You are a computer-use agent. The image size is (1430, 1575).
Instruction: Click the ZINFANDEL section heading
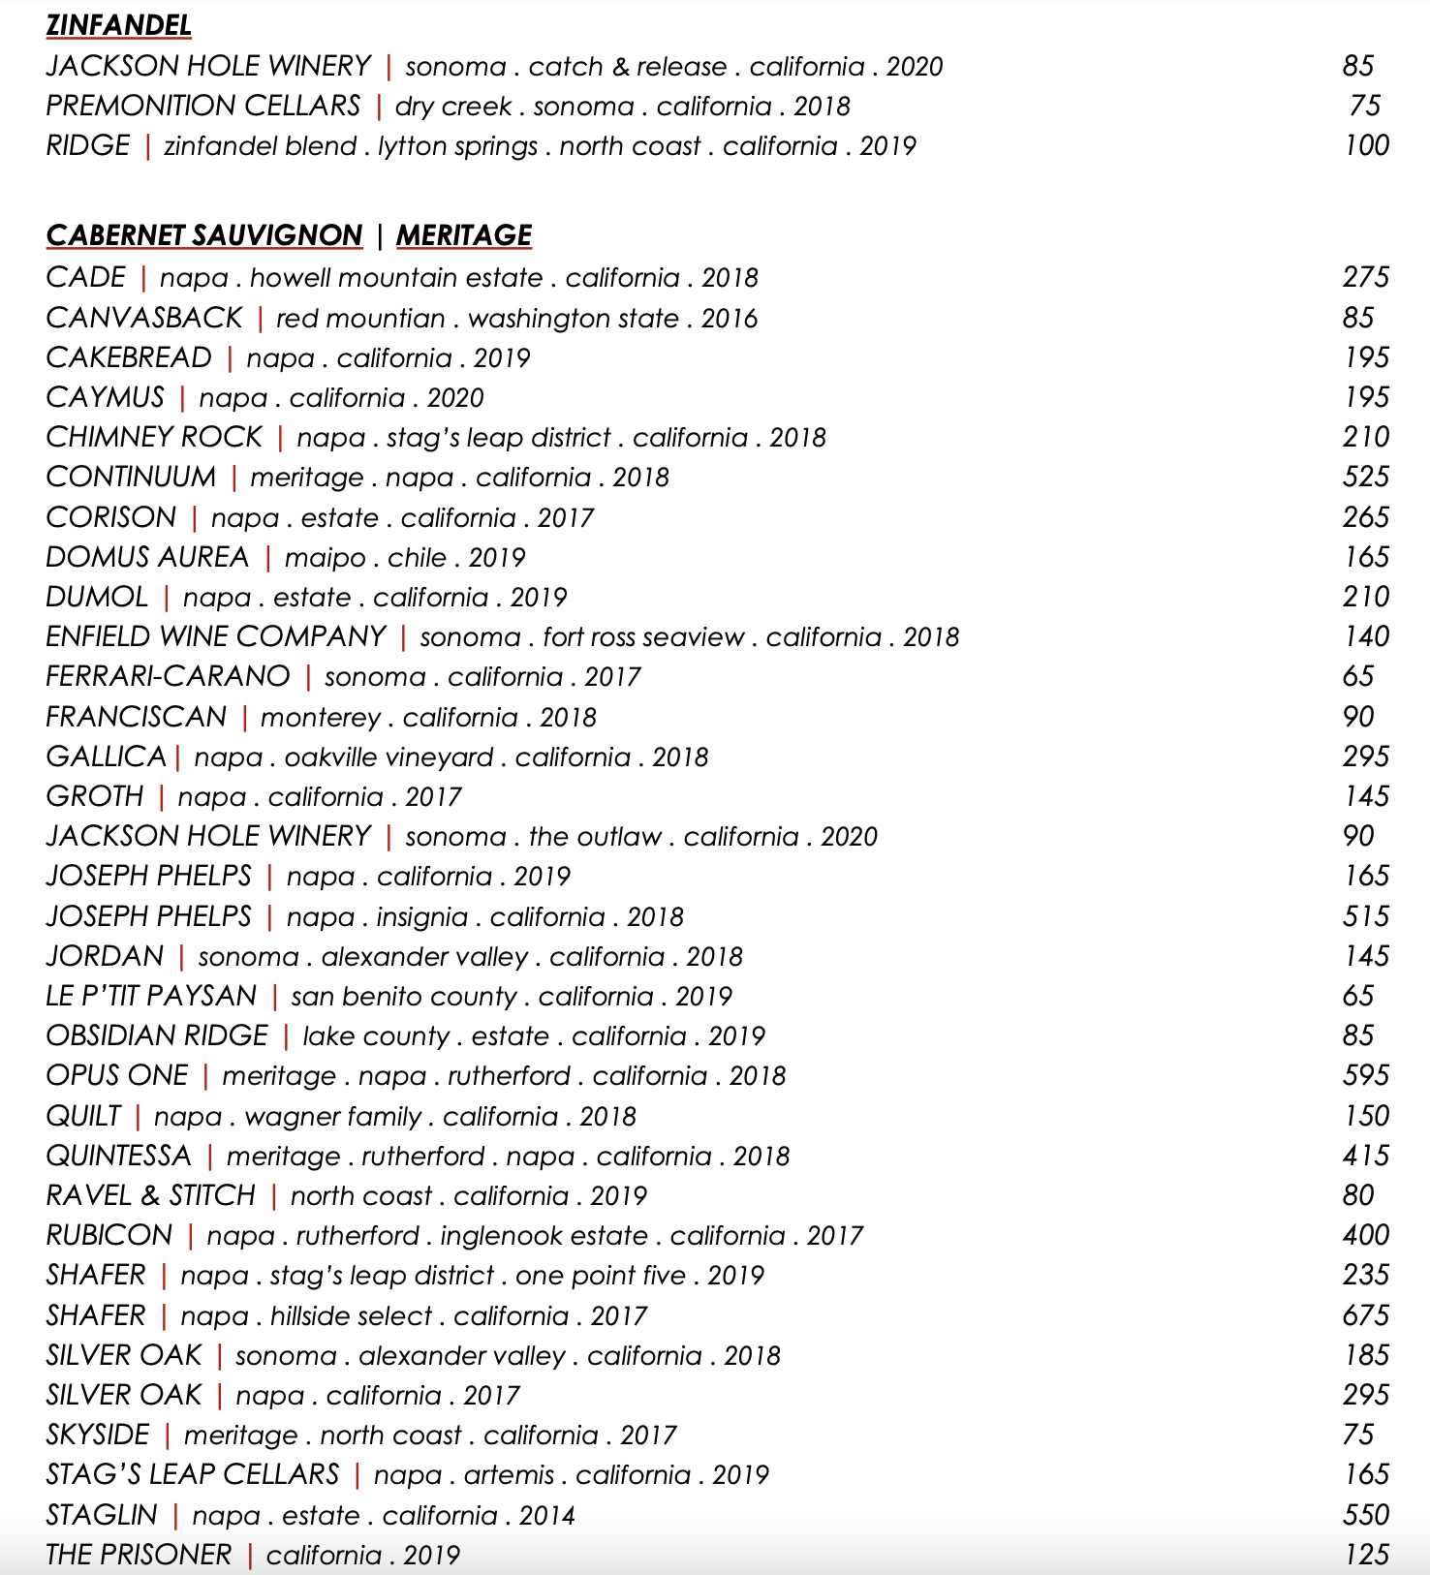(118, 25)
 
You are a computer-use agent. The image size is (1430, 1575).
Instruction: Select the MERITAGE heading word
(463, 235)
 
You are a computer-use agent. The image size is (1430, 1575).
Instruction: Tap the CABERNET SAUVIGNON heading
(203, 235)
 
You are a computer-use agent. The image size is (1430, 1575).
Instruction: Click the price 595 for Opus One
(1365, 1075)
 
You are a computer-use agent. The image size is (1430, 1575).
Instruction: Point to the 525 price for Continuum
(1365, 477)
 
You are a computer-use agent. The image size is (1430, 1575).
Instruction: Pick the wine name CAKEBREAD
(129, 357)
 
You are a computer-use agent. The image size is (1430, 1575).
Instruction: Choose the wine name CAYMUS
(106, 397)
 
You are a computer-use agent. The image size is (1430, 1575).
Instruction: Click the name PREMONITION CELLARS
(203, 106)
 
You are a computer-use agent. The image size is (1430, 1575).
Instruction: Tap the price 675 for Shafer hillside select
(1365, 1315)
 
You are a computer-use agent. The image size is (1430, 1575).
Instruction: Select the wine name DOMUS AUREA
(147, 557)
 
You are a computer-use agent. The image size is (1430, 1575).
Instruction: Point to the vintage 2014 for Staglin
(546, 1515)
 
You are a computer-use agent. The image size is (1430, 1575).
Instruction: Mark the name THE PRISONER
(139, 1555)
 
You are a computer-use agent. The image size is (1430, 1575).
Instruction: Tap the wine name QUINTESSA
(119, 1156)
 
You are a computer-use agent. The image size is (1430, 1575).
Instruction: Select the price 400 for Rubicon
(1365, 1235)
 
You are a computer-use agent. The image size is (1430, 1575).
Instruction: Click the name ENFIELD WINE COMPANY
(216, 636)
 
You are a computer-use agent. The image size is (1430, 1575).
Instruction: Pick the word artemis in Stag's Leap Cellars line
(509, 1475)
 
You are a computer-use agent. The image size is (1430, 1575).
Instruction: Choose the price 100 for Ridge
(1366, 145)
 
